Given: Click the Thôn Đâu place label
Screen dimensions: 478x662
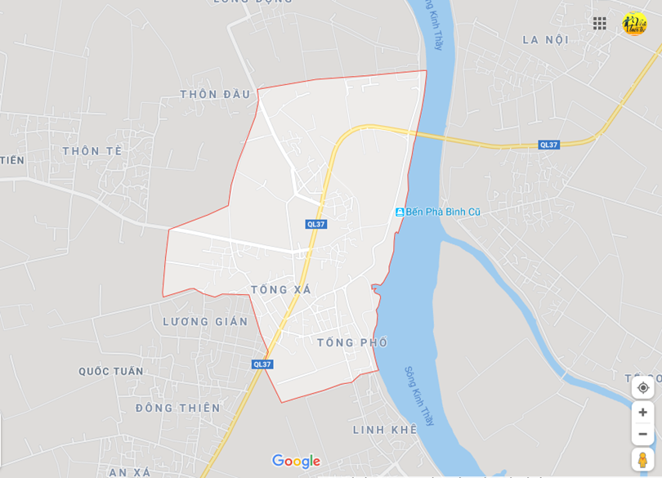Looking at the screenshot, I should pyautogui.click(x=215, y=94).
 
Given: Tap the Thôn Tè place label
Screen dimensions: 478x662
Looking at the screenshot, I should pyautogui.click(x=92, y=150).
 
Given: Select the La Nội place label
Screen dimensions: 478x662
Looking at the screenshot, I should pyautogui.click(x=545, y=39).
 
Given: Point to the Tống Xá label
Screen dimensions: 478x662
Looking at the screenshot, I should pyautogui.click(x=280, y=289).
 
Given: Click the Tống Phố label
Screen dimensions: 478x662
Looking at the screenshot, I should pyautogui.click(x=352, y=342).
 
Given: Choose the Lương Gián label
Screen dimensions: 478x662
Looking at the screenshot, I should pyautogui.click(x=205, y=321).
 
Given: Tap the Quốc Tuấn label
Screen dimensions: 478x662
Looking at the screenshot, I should pyautogui.click(x=111, y=371).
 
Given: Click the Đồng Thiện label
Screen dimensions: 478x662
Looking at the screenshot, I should pyautogui.click(x=178, y=408).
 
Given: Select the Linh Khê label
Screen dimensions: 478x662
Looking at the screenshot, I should pyautogui.click(x=385, y=429).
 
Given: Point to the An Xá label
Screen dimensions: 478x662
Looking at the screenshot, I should pyautogui.click(x=130, y=472).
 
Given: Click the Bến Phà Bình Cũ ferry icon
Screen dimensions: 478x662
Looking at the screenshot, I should pyautogui.click(x=400, y=212).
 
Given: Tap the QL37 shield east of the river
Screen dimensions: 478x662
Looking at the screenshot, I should pyautogui.click(x=548, y=145).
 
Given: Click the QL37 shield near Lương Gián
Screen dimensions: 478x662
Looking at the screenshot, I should pyautogui.click(x=262, y=364).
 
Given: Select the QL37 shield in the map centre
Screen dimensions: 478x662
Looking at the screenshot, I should pyautogui.click(x=316, y=224).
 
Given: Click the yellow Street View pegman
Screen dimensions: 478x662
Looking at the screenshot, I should pyautogui.click(x=642, y=460).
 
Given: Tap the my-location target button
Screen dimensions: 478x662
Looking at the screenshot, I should pyautogui.click(x=643, y=387).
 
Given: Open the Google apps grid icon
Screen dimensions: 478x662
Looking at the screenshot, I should pyautogui.click(x=600, y=24).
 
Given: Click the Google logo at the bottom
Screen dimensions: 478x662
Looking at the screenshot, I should pyautogui.click(x=296, y=462).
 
